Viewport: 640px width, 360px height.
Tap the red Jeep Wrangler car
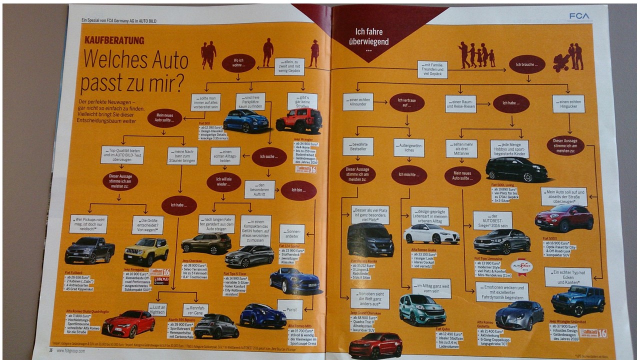pyautogui.click(x=299, y=120)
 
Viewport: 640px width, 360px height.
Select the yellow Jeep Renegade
pyautogui.click(x=146, y=251)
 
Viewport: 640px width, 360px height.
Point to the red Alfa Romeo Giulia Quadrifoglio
pyautogui.click(x=128, y=324)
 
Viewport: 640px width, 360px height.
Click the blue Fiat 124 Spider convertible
pyautogui.click(x=294, y=281)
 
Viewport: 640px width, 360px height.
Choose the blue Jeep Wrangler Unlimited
pyautogui.click(x=578, y=299)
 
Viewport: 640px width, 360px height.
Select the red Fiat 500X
pyautogui.click(x=564, y=217)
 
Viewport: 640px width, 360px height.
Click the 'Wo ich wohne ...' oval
pyautogui.click(x=238, y=63)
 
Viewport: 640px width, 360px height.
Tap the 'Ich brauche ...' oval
pyautogui.click(x=527, y=64)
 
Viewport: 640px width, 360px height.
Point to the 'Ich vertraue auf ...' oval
pyautogui.click(x=407, y=102)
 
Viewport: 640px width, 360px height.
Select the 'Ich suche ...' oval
pyautogui.click(x=269, y=157)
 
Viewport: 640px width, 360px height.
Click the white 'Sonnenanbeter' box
pyautogui.click(x=292, y=233)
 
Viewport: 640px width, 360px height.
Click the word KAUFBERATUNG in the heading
pyautogui.click(x=114, y=40)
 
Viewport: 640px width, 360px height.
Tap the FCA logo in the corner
pyautogui.click(x=579, y=16)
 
